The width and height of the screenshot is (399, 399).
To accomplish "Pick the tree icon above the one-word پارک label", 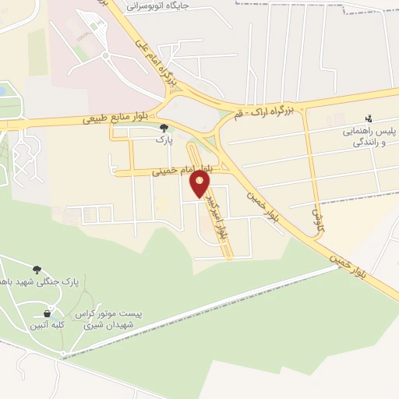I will click(x=164, y=127).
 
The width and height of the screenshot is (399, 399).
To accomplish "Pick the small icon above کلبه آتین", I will click(x=47, y=313).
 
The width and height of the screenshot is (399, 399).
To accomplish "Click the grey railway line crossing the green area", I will click(x=234, y=300).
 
